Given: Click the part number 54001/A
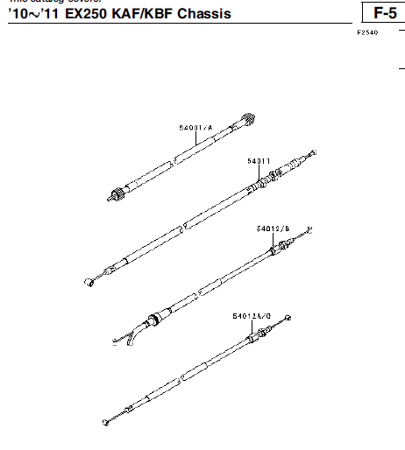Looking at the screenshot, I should coord(196,128).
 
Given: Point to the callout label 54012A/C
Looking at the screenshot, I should coord(252,315).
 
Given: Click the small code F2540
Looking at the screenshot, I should coord(367,33).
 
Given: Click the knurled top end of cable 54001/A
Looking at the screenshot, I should coord(250,121).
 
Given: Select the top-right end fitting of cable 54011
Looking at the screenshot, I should coord(308,155).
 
